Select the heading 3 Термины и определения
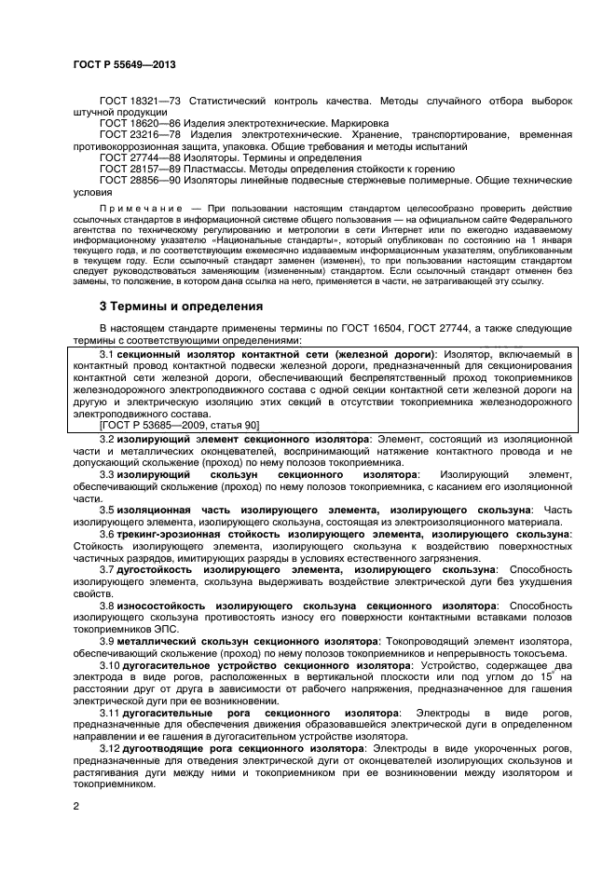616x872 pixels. click(x=181, y=306)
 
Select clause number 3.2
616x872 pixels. click(x=106, y=438)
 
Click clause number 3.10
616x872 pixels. click(x=109, y=666)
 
